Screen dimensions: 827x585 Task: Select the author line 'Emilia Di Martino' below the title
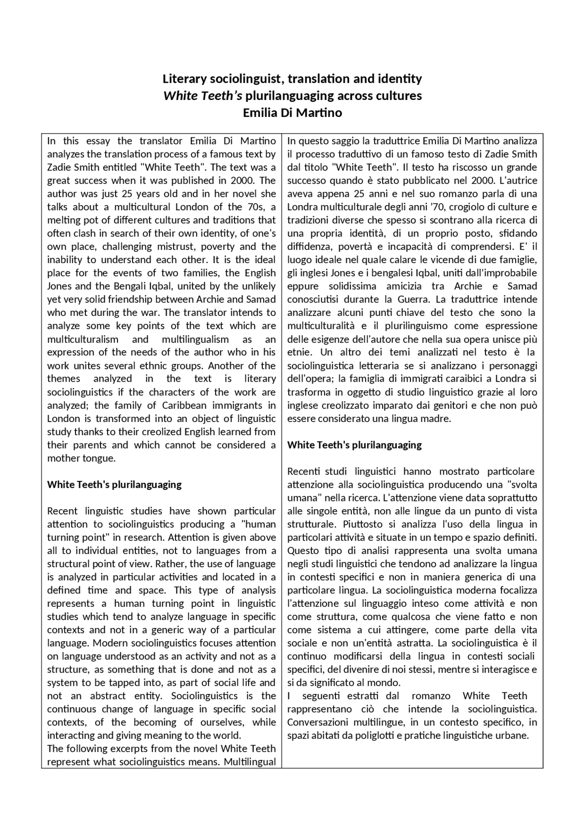(292, 113)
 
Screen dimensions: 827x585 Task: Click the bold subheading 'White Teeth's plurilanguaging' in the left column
(114, 485)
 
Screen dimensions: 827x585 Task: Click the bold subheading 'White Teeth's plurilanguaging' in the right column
(354, 445)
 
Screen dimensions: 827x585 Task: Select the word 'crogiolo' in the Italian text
(460, 207)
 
